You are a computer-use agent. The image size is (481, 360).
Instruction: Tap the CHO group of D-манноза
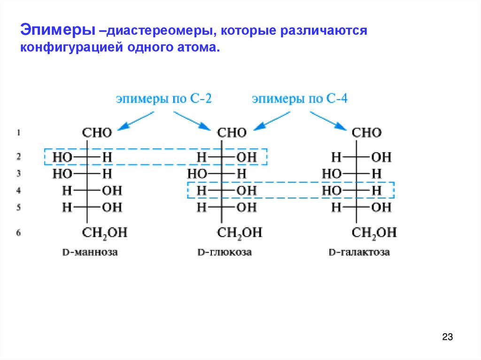[97, 133]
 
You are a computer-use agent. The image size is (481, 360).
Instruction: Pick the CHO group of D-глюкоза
[232, 133]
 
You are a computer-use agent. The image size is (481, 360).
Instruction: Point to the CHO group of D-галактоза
[367, 133]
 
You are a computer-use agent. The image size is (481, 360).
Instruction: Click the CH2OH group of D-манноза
[104, 232]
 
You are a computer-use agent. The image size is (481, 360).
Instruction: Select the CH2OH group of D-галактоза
[374, 232]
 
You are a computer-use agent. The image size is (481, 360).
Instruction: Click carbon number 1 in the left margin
[18, 133]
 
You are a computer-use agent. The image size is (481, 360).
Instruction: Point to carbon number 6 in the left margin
[18, 232]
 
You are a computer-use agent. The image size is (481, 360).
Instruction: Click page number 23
[447, 337]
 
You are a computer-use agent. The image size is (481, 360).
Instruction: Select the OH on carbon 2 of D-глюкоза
[246, 157]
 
